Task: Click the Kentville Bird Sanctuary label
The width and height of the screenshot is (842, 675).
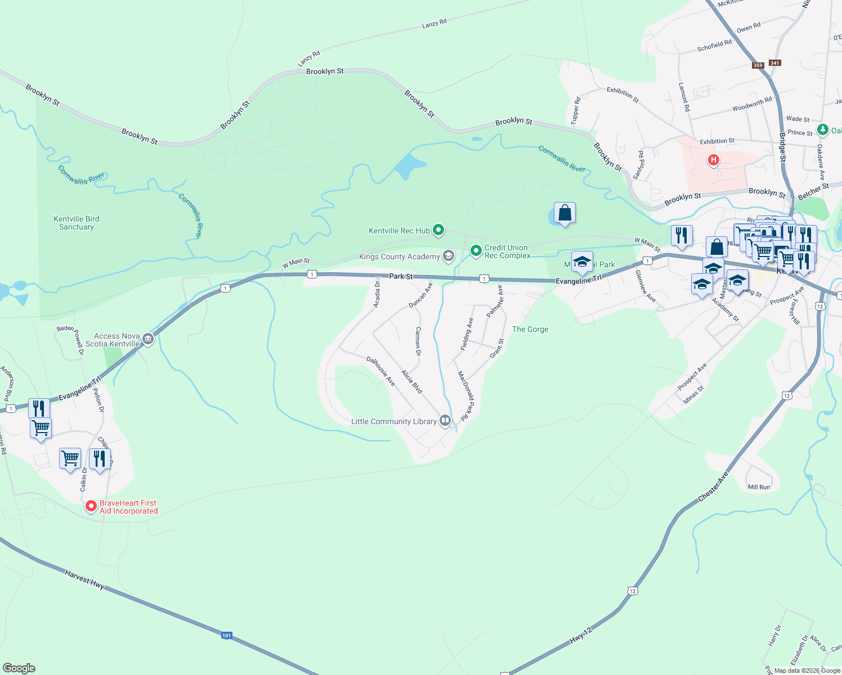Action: pyautogui.click(x=77, y=223)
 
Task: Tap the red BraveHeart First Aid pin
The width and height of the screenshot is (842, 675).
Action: pyautogui.click(x=91, y=506)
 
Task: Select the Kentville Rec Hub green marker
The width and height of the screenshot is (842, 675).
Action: pyautogui.click(x=438, y=230)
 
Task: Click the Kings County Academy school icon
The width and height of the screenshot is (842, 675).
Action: pyautogui.click(x=449, y=256)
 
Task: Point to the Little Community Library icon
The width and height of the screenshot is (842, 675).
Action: pyautogui.click(x=445, y=421)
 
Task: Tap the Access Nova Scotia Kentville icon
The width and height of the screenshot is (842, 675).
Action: pyautogui.click(x=148, y=339)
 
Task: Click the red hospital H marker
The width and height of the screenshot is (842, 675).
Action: pyautogui.click(x=713, y=160)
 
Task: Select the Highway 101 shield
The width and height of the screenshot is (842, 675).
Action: pyautogui.click(x=226, y=636)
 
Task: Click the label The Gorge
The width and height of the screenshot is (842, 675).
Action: pyautogui.click(x=530, y=329)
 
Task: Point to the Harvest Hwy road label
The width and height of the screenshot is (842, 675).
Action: pyautogui.click(x=84, y=579)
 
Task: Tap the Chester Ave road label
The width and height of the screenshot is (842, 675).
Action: pyautogui.click(x=713, y=487)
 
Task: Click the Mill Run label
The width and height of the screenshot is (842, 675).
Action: pyautogui.click(x=758, y=487)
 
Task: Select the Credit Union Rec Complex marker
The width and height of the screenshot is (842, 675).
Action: pyautogui.click(x=476, y=250)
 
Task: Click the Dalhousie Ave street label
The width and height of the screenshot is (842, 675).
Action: pyautogui.click(x=381, y=371)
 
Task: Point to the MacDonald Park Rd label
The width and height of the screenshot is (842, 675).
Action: pyautogui.click(x=466, y=395)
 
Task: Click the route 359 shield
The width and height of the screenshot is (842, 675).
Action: pyautogui.click(x=758, y=65)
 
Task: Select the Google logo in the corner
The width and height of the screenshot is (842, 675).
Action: pyautogui.click(x=19, y=668)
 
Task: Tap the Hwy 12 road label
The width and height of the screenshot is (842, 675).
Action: pyautogui.click(x=581, y=635)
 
